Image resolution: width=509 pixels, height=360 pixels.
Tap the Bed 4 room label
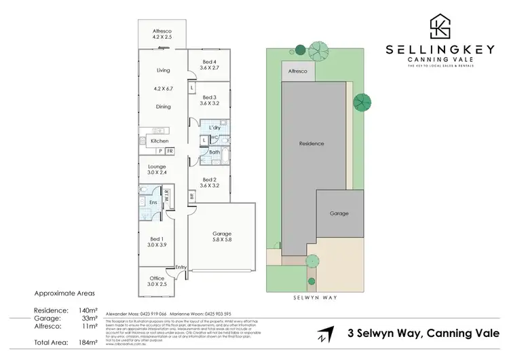click(210, 62)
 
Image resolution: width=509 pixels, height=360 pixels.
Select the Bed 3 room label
click(210, 97)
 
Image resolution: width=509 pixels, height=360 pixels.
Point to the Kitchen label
click(159, 141)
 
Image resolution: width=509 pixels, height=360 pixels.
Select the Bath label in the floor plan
click(214, 153)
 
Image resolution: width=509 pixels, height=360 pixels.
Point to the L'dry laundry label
click(216, 128)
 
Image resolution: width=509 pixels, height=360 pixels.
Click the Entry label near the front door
click(180, 267)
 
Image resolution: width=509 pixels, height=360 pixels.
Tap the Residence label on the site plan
click(312, 144)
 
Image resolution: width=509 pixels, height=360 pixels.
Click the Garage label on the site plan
click(339, 213)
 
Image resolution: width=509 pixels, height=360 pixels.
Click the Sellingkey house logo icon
click(440, 26)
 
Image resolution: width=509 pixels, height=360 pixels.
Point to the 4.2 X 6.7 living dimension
click(163, 88)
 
